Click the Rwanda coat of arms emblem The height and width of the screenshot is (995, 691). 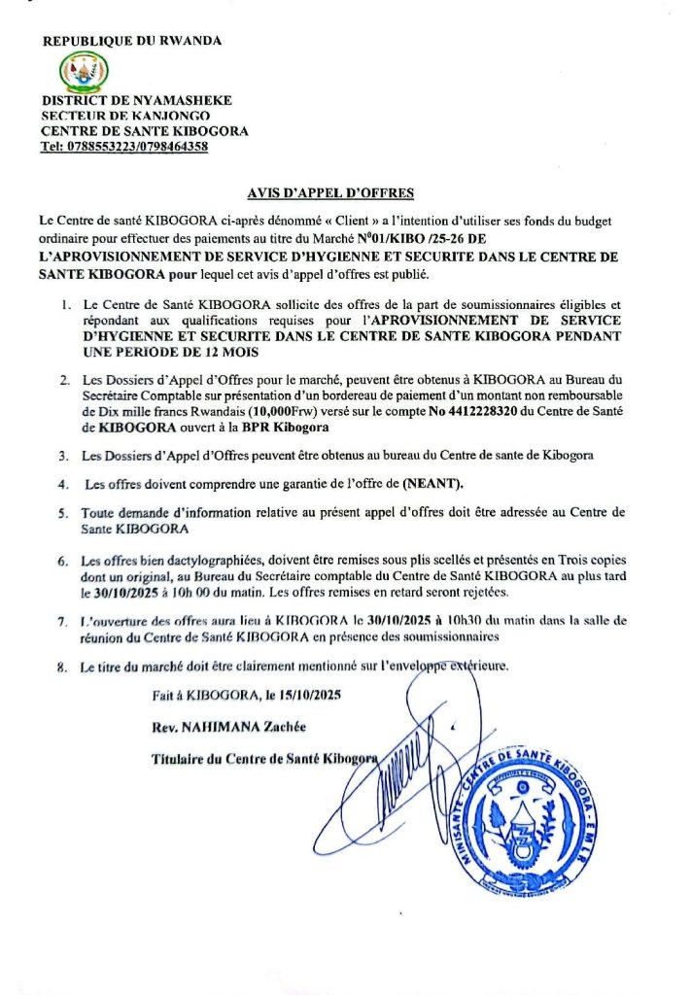click(85, 71)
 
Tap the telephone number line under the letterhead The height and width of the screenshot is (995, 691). click(124, 148)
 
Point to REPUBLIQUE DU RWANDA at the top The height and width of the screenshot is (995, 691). click(132, 41)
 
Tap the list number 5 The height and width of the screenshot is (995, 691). click(63, 512)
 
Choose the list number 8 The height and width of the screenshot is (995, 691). click(63, 667)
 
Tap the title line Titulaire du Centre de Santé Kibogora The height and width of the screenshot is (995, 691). click(262, 758)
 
